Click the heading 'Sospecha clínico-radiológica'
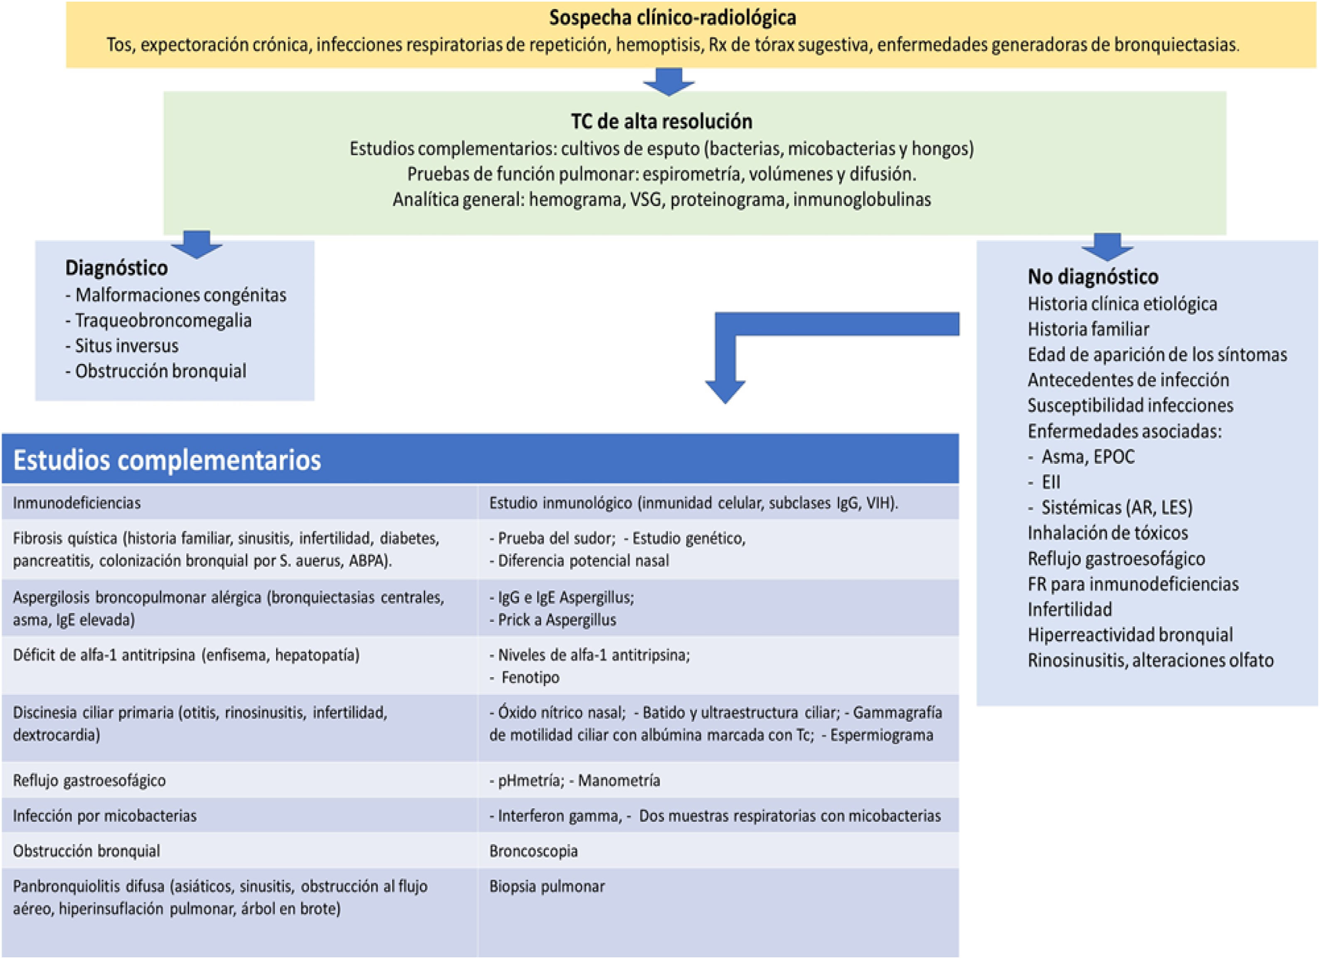point(672,18)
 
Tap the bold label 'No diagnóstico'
point(1093,276)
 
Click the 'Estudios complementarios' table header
point(167,460)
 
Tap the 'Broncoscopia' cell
point(533,851)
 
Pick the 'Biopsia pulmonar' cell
point(547,886)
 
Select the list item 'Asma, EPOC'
point(1087,457)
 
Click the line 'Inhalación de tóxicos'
point(1107,533)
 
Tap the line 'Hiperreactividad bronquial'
point(1130,634)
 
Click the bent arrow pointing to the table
point(725,373)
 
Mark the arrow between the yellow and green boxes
point(668,82)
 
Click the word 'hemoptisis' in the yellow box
point(658,45)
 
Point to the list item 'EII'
point(1051,482)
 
